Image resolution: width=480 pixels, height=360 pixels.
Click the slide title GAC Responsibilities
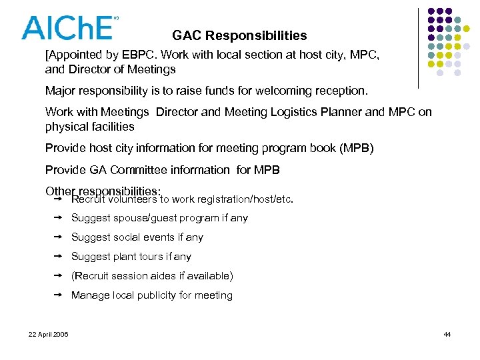pyautogui.click(x=239, y=35)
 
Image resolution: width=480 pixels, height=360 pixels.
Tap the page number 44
pyautogui.click(x=447, y=334)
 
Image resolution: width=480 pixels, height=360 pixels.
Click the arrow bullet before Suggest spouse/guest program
pyautogui.click(x=57, y=217)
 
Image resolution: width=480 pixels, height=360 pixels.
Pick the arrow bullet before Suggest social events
pyautogui.click(x=57, y=237)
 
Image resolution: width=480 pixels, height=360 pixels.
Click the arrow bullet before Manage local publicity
pyautogui.click(x=57, y=295)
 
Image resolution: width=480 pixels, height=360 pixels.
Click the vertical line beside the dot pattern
pyautogui.click(x=419, y=48)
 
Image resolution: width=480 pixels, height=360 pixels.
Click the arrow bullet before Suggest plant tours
pyautogui.click(x=57, y=256)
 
